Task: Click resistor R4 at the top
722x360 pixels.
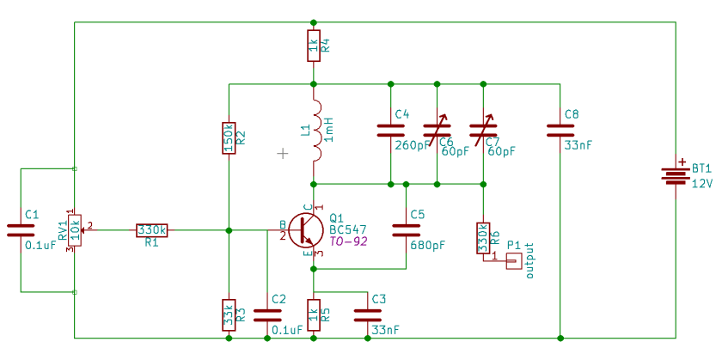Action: tap(314, 46)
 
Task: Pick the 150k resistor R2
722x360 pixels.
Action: tap(229, 137)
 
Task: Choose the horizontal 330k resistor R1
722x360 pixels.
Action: tap(152, 230)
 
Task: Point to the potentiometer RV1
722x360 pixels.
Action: tap(76, 230)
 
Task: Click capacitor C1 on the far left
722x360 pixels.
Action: tap(20, 229)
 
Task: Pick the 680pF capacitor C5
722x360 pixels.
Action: tap(406, 229)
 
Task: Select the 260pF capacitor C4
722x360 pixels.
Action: tap(391, 131)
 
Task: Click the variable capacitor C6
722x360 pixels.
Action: tap(437, 131)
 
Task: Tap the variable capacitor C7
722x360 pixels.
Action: tap(483, 131)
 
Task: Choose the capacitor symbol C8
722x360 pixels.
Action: tap(560, 131)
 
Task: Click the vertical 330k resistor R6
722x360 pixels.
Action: tap(483, 238)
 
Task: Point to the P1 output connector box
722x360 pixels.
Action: tap(513, 261)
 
